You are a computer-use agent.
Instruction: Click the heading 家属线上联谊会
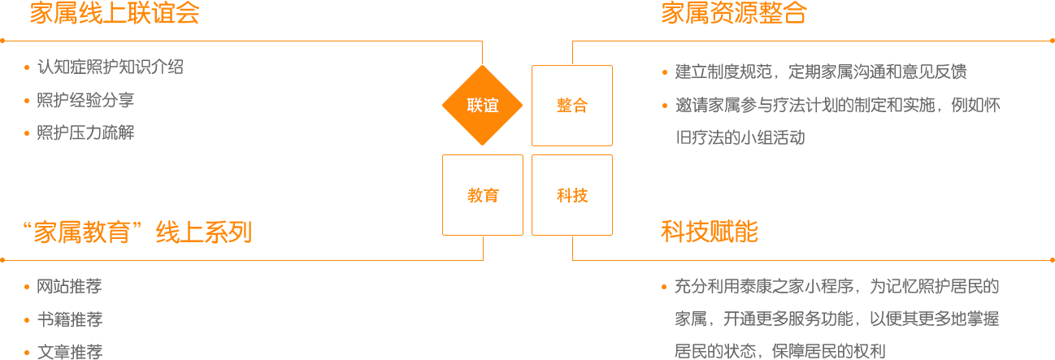point(115,14)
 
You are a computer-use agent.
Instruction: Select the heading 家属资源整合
point(733,14)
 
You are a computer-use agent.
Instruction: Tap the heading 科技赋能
point(709,233)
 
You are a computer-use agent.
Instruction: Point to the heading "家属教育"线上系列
point(137,233)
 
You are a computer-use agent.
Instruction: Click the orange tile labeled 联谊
point(482,105)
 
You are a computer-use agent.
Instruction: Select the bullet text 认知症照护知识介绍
point(110,67)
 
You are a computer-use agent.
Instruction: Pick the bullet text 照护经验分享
point(85,101)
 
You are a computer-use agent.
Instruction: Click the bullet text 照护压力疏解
point(85,133)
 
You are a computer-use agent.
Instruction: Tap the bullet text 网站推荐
point(69,286)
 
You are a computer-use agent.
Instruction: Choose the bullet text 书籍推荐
point(69,319)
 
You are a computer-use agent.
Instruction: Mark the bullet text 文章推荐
point(69,352)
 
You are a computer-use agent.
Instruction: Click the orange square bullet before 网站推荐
point(27,285)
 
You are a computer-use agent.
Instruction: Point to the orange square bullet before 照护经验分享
point(27,100)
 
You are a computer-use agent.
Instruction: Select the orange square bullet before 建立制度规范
point(665,72)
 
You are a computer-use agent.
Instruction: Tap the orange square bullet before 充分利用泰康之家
point(665,286)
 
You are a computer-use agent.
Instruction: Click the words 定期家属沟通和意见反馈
point(878,72)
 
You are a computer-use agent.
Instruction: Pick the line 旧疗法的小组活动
point(740,137)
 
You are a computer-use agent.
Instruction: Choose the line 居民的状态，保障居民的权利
point(779,352)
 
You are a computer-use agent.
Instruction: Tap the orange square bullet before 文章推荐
point(27,351)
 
